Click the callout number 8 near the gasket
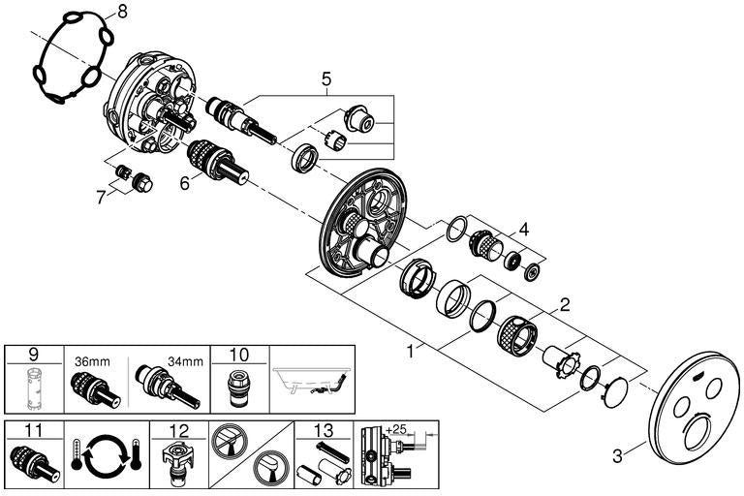(122, 12)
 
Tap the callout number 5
(326, 78)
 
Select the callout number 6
(185, 183)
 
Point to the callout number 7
(100, 198)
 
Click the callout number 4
(524, 230)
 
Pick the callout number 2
(565, 305)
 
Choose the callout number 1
(411, 352)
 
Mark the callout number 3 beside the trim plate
(617, 456)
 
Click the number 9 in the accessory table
(33, 355)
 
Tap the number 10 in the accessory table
(238, 355)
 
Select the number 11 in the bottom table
(33, 430)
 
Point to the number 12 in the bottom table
(179, 430)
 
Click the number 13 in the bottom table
(324, 430)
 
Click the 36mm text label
(92, 361)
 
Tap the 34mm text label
(185, 361)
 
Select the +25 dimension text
(396, 429)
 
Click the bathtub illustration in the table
(311, 381)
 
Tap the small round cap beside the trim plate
(614, 392)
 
